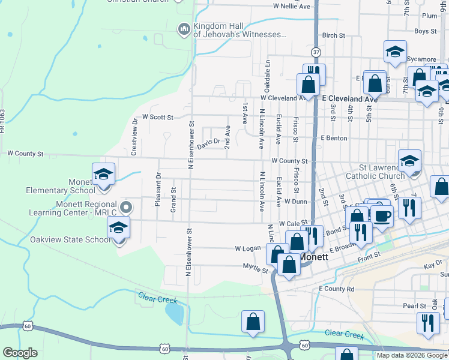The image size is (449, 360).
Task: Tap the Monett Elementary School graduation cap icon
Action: click(103, 175)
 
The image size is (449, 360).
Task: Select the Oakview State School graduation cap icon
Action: click(118, 229)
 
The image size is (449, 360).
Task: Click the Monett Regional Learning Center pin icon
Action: click(125, 208)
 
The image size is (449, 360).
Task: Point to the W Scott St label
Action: click(157, 118)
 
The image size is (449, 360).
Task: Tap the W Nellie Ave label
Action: click(292, 6)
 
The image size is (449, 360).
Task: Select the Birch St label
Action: click(334, 36)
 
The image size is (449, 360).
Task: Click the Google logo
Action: click(20, 353)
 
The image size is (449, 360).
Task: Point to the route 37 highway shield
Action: click(316, 53)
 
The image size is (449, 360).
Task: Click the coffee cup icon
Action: click(381, 215)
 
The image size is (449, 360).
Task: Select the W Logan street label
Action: click(247, 248)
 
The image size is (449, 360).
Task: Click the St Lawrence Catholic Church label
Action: click(375, 172)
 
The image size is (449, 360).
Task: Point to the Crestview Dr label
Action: click(134, 136)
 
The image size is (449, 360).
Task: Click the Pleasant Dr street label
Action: click(158, 190)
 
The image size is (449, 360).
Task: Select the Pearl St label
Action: click(414, 306)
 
